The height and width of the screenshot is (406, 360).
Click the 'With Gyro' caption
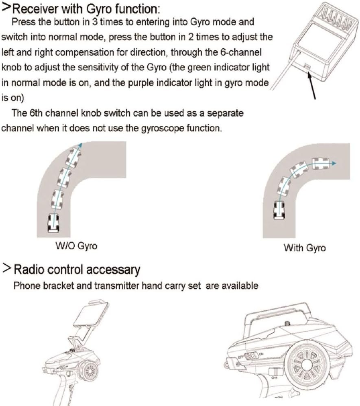coord(304,248)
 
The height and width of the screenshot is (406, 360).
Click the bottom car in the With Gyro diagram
coord(279,210)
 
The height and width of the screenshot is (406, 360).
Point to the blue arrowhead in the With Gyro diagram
coord(333,163)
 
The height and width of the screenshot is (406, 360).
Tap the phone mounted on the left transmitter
coord(91,313)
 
